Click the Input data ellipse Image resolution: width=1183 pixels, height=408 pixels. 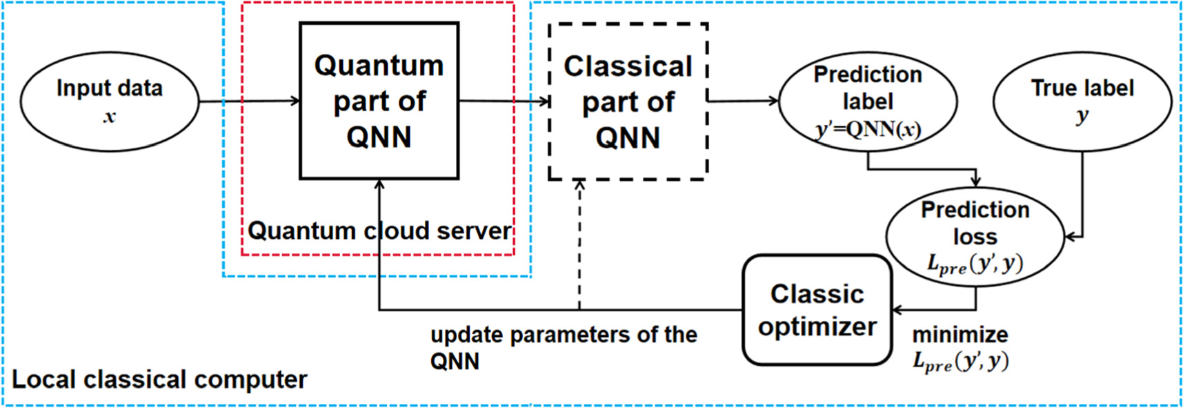[x=109, y=101]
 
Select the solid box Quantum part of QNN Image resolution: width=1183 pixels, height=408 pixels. [x=379, y=101]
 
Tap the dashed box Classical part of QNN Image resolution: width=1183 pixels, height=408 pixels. [x=628, y=101]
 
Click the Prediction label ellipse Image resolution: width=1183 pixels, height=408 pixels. [x=867, y=101]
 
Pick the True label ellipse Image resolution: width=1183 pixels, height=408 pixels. [x=1082, y=101]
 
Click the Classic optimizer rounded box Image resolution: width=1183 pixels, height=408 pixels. [x=817, y=310]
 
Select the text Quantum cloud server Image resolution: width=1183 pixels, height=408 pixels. [x=379, y=231]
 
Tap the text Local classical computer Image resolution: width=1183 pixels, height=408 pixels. [x=159, y=380]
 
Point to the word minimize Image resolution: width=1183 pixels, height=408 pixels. [x=960, y=335]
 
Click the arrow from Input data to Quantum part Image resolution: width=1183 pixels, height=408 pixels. [x=248, y=101]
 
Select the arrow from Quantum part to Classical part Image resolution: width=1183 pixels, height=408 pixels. [x=504, y=101]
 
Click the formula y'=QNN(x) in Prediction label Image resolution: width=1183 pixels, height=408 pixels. [x=867, y=130]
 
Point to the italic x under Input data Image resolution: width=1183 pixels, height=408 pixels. [x=109, y=117]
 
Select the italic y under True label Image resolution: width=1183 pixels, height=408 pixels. [x=1082, y=116]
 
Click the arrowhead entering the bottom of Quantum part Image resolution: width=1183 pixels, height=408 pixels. [x=379, y=184]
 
